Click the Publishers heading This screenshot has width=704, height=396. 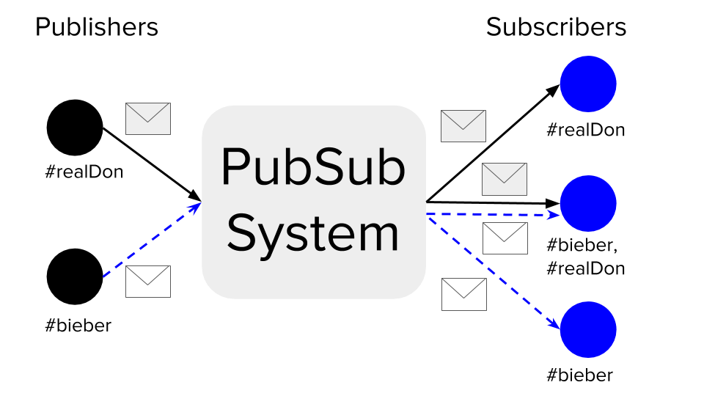96,27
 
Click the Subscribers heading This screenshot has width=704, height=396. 556,27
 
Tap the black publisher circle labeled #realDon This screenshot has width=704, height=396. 75,128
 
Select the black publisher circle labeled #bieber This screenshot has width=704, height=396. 75,276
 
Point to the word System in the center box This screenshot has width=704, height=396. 313,233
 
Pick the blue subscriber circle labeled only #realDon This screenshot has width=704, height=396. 588,83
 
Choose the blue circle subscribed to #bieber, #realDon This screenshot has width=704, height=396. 588,203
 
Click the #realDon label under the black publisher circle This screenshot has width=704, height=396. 84,173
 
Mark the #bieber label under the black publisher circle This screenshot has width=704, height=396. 78,325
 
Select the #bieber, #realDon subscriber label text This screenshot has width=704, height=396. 586,257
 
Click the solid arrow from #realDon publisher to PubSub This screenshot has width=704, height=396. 150,163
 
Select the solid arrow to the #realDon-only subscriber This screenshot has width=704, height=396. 491,144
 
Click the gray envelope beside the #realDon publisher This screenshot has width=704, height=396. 148,118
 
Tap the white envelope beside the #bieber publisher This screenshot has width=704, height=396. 148,282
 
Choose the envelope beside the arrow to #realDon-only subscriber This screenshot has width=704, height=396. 463,125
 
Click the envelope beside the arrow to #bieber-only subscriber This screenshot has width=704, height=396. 464,294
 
